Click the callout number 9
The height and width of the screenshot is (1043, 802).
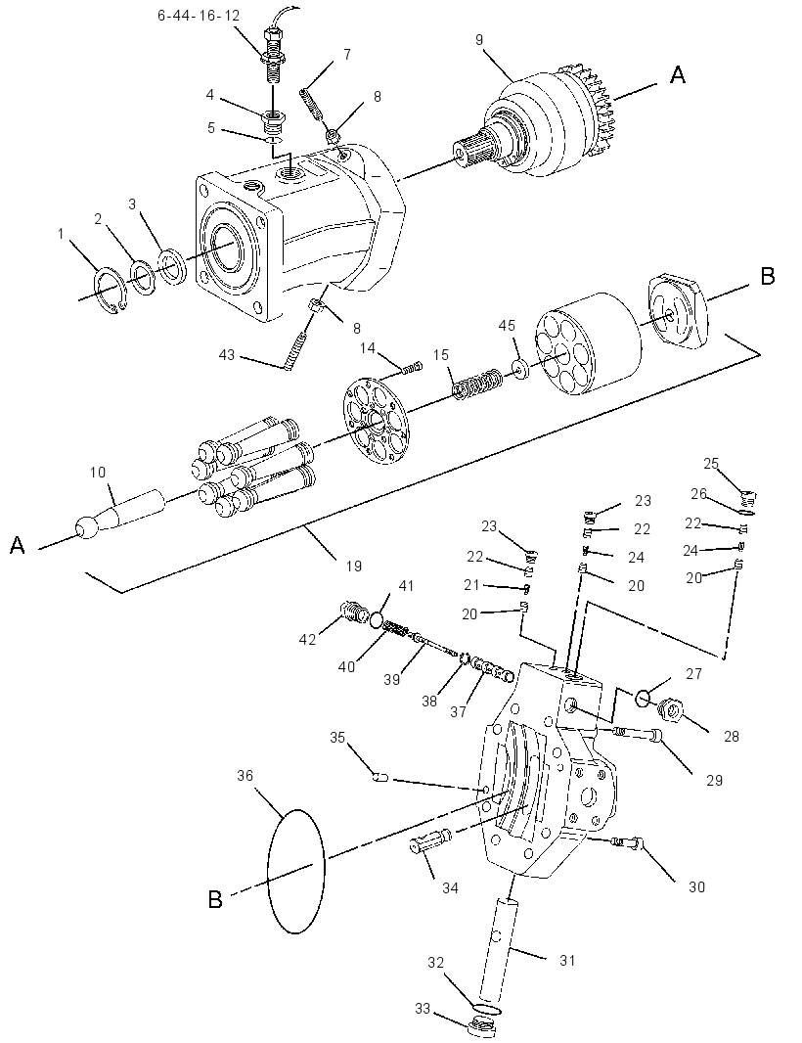click(x=479, y=40)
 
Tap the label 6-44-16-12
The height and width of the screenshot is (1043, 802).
click(x=199, y=15)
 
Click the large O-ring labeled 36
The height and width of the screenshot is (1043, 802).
click(x=296, y=872)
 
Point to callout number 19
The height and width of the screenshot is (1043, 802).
click(x=354, y=567)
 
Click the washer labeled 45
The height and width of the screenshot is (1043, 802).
click(x=520, y=369)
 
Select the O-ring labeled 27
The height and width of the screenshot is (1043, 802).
click(x=643, y=699)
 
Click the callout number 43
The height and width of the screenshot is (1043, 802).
click(x=227, y=355)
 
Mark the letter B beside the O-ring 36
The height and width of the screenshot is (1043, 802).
click(x=215, y=900)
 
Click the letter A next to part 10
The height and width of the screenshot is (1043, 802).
click(x=18, y=546)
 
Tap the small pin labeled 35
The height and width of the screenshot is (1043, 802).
click(x=379, y=776)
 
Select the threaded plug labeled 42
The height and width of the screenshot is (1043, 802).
click(x=354, y=611)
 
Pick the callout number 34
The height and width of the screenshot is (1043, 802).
click(x=450, y=888)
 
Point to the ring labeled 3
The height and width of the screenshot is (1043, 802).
click(x=171, y=265)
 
